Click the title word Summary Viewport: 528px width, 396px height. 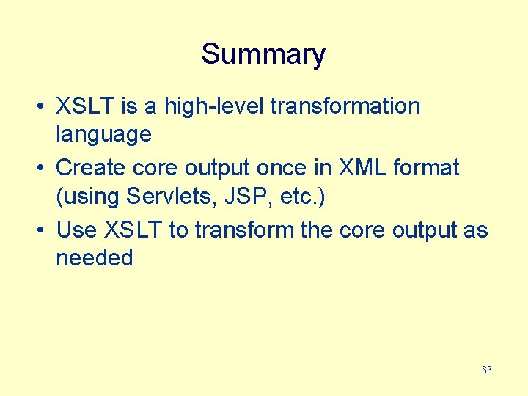[x=263, y=54]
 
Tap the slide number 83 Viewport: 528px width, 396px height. [x=487, y=370]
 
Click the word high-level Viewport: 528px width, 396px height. [x=214, y=106]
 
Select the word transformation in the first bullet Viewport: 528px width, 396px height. [x=345, y=106]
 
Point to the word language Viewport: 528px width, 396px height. [x=103, y=135]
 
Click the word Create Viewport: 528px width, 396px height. [x=91, y=168]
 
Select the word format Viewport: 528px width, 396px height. [x=427, y=168]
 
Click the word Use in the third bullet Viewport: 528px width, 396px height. [x=76, y=230]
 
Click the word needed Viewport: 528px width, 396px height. [x=94, y=258]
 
